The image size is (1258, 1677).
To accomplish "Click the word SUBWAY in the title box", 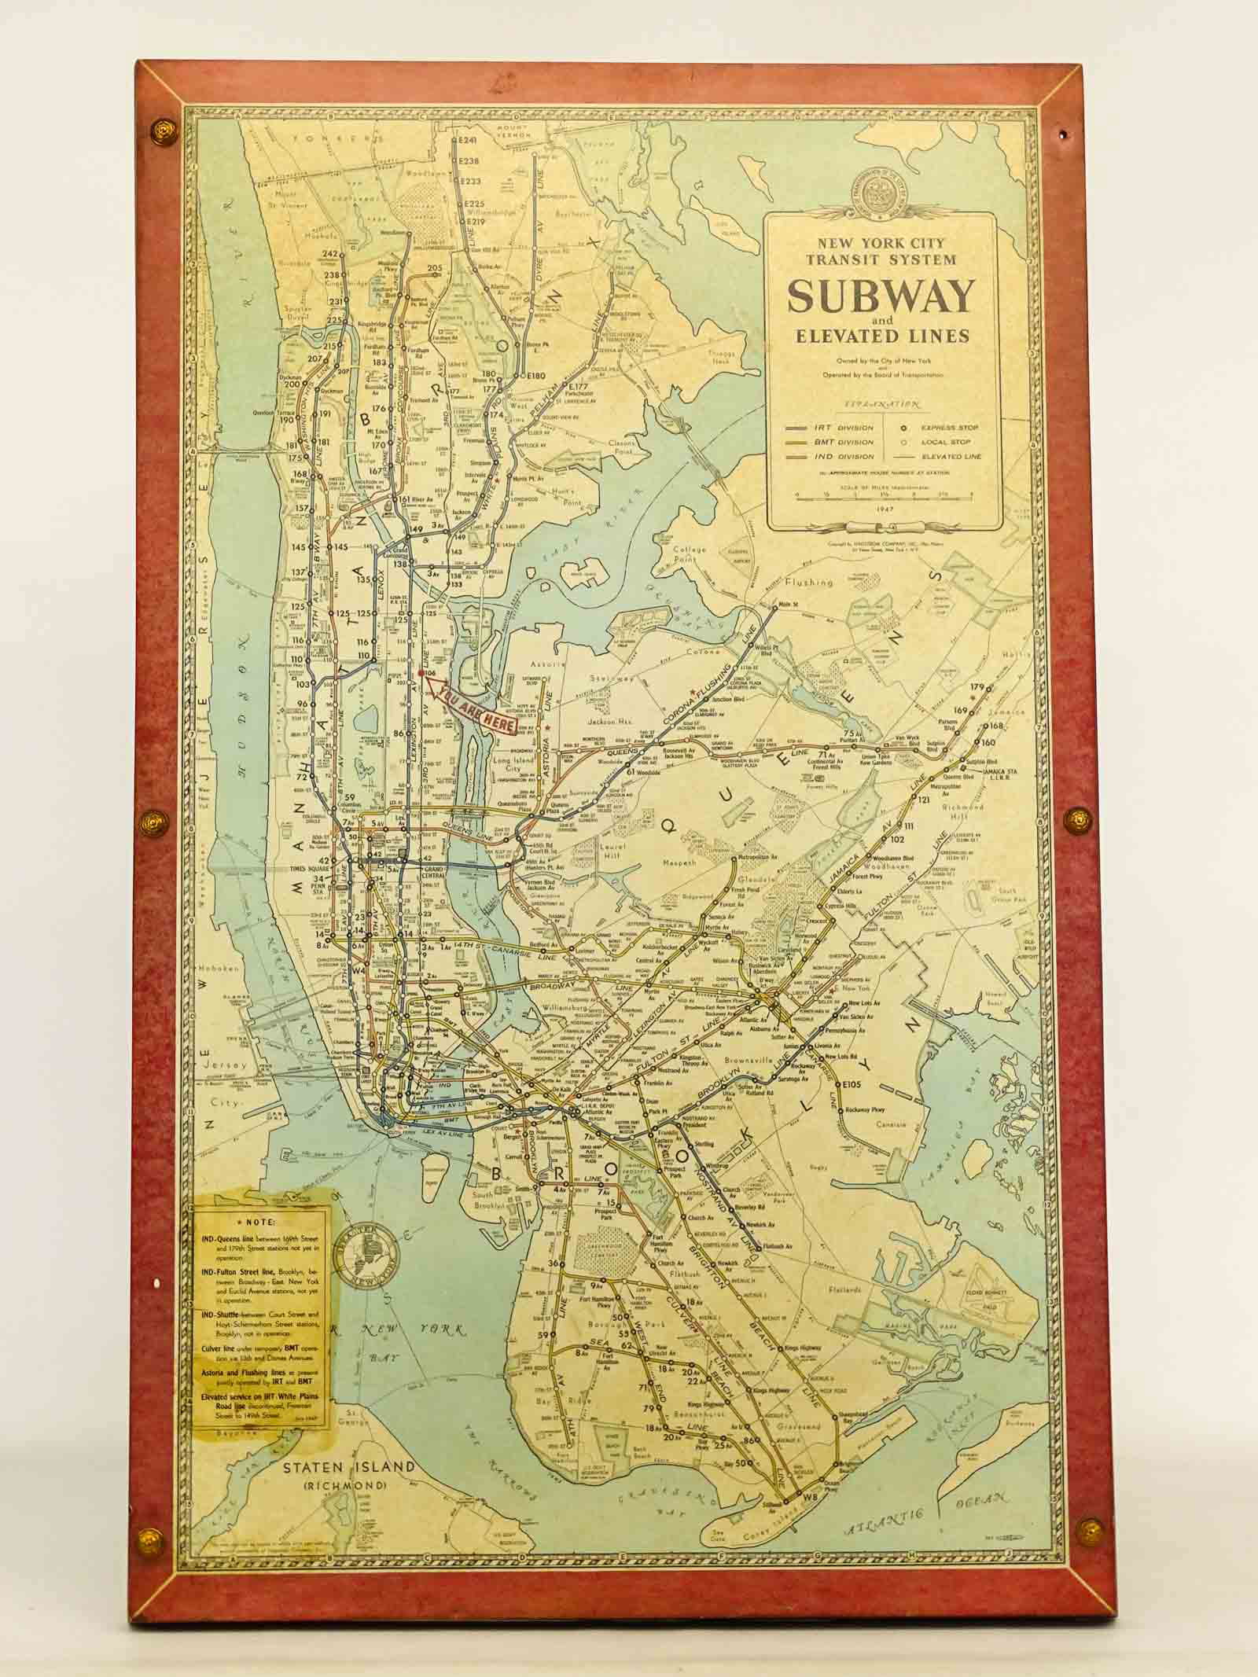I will tap(881, 296).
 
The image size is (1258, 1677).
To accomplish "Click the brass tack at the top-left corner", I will tap(164, 129).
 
